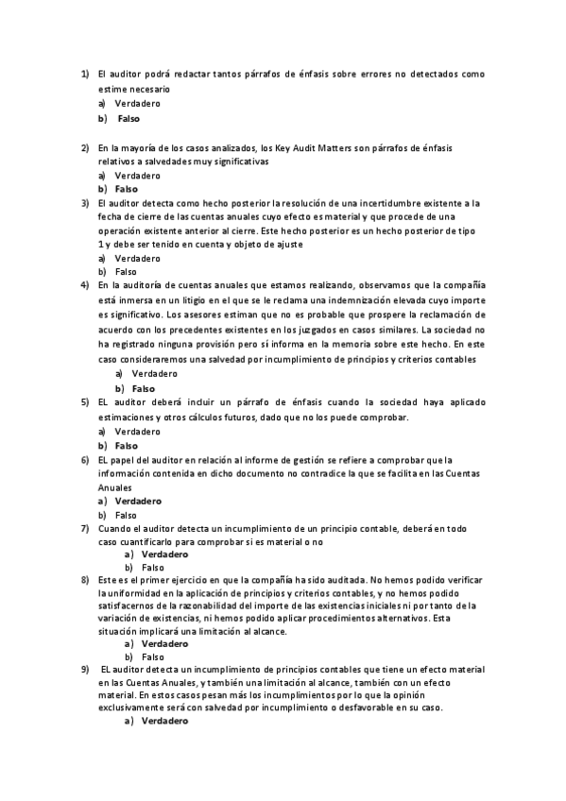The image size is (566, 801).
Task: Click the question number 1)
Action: [x=84, y=74]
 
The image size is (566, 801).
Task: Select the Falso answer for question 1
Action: [x=129, y=118]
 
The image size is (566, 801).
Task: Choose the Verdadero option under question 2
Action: [x=137, y=175]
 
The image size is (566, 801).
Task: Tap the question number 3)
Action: [x=84, y=202]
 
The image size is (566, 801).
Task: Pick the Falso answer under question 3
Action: [x=126, y=271]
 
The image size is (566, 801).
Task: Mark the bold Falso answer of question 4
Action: [x=143, y=388]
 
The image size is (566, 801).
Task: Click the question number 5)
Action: [x=84, y=401]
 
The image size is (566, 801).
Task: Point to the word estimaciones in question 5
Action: [x=127, y=416]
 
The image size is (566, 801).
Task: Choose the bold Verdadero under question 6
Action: [x=138, y=501]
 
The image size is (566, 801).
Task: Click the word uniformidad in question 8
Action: [x=131, y=592]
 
